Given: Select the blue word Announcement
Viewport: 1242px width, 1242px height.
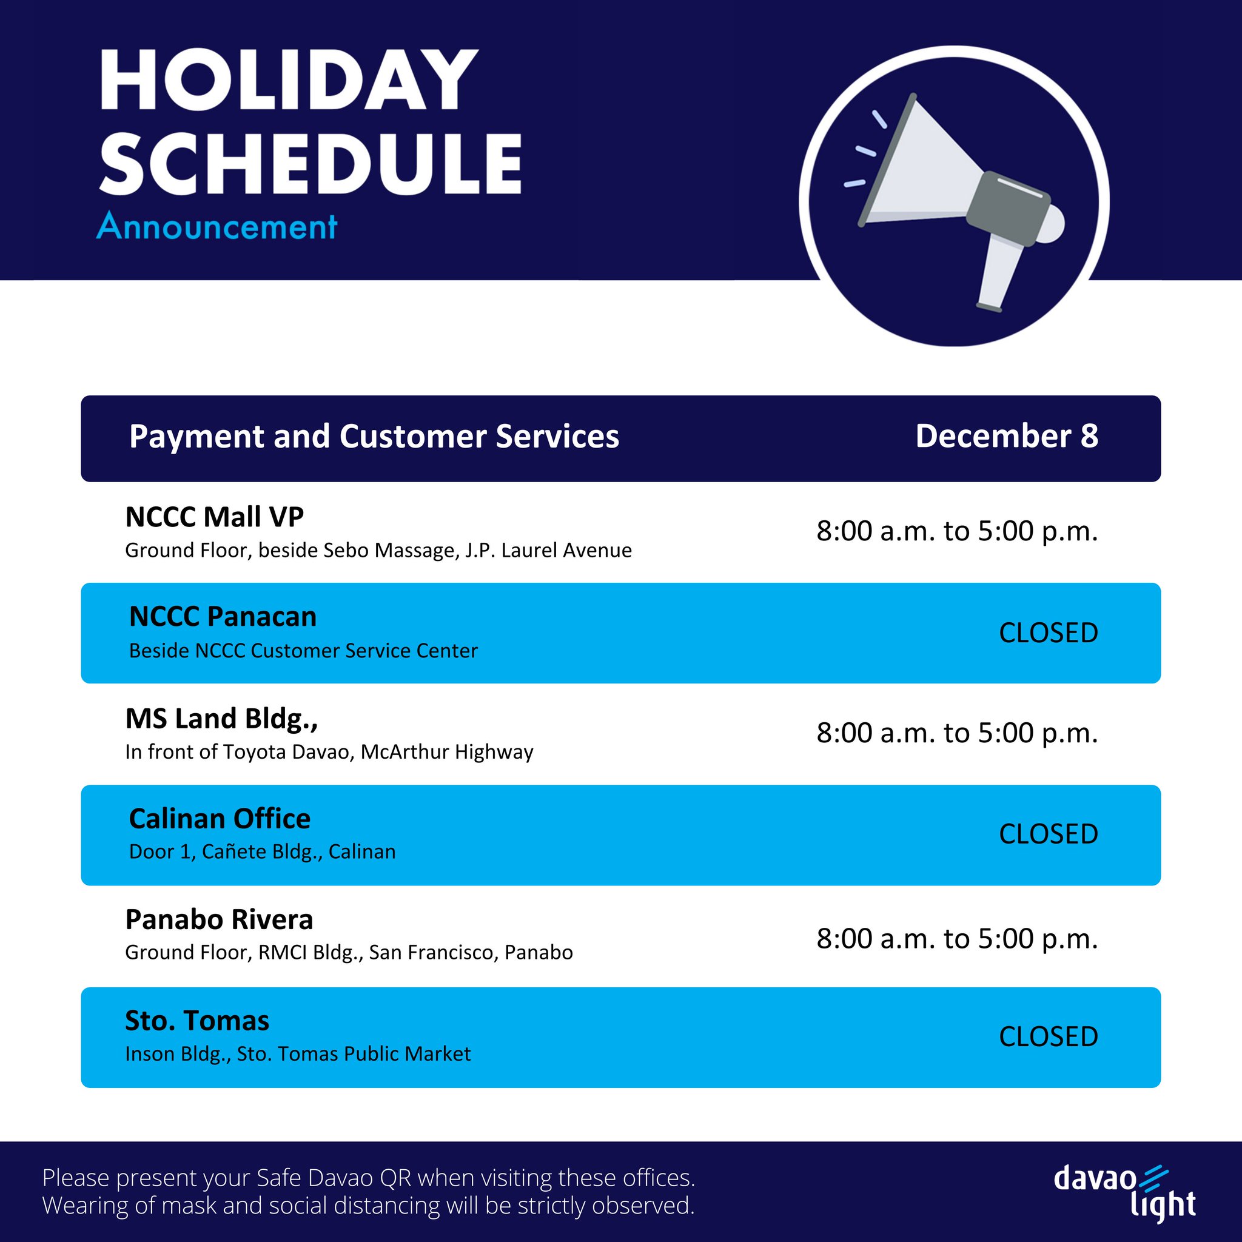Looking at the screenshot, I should pyautogui.click(x=217, y=227).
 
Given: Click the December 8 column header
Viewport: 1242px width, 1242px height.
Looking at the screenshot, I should pyautogui.click(x=1006, y=437).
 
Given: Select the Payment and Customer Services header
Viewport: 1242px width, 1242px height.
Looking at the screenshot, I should pyautogui.click(x=374, y=437).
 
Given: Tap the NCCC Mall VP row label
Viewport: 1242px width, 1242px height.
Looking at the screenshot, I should pyautogui.click(x=214, y=517).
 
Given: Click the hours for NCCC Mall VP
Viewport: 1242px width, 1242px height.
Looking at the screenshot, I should pyautogui.click(x=956, y=531).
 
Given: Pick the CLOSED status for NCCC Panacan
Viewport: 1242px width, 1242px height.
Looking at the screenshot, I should pyautogui.click(x=1048, y=633).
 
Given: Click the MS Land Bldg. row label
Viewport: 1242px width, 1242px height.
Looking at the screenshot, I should pyautogui.click(x=221, y=719).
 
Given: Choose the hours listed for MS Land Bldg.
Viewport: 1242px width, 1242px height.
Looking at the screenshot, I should pyautogui.click(x=956, y=733).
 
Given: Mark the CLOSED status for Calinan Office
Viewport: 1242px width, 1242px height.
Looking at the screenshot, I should pyautogui.click(x=1048, y=834).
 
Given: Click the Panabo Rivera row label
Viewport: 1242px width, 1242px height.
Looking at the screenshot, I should pyautogui.click(x=218, y=920).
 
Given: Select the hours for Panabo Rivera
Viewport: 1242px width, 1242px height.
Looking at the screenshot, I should pyautogui.click(x=956, y=939).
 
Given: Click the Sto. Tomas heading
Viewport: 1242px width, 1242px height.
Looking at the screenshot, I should pyautogui.click(x=196, y=1021).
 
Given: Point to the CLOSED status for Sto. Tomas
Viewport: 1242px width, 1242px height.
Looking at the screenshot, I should pyautogui.click(x=1048, y=1037).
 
